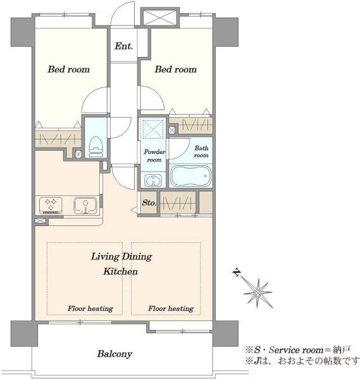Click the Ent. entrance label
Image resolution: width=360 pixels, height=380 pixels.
click(123, 46)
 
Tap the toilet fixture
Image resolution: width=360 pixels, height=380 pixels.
click(96, 146)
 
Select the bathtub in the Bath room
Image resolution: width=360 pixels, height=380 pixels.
click(190, 176)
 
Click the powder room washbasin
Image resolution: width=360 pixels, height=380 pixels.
click(152, 180)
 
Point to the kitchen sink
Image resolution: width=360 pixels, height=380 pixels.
click(85, 205)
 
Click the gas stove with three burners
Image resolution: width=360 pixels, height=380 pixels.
click(51, 205)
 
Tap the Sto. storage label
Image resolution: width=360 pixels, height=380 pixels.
click(149, 203)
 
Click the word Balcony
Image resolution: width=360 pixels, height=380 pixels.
click(115, 354)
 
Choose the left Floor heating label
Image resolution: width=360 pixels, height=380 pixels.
click(90, 308)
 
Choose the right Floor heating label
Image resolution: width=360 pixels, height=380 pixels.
click(171, 308)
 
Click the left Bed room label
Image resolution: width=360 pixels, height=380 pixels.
click(69, 69)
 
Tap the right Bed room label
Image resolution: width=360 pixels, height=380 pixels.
click(175, 69)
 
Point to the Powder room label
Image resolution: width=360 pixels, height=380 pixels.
click(154, 156)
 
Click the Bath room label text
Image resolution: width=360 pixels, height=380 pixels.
click(201, 151)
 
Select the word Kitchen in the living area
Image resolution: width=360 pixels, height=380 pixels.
click(120, 272)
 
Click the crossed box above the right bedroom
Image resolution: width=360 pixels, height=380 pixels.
click(160, 18)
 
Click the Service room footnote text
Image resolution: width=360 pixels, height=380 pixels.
click(298, 350)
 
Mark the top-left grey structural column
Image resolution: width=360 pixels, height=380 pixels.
click(22, 32)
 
